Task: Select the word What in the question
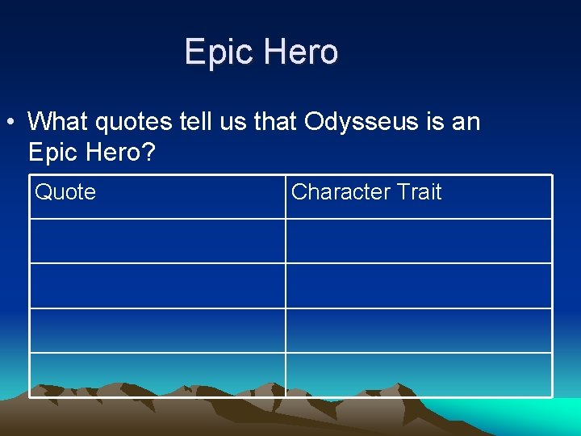coord(58,122)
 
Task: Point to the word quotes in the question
coord(132,122)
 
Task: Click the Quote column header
coord(65,192)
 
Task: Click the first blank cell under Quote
coord(157,241)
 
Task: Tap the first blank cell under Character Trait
coord(419,241)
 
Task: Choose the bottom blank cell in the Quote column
coord(157,375)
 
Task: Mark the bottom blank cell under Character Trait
coord(419,375)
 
